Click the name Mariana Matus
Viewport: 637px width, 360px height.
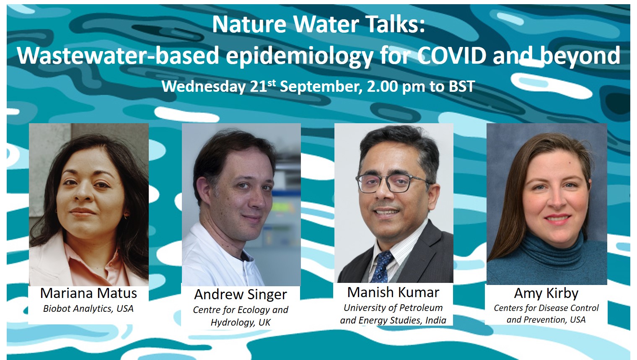88,293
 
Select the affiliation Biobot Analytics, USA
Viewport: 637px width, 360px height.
88,309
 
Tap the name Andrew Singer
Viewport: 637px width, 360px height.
241,294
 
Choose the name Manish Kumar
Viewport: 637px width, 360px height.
393,292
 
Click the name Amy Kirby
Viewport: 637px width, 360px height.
546,293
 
